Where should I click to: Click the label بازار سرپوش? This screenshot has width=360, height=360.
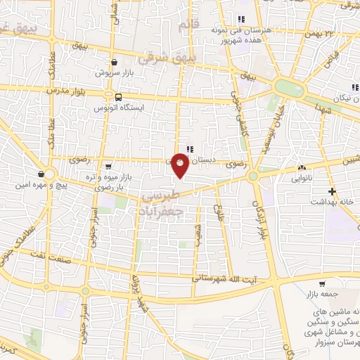(115, 73)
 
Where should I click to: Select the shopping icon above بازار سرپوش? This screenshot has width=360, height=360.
(115, 62)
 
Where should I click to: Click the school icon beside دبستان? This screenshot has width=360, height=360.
(190, 148)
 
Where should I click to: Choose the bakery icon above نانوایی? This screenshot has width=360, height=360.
(302, 168)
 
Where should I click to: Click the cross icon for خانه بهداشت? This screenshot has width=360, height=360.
(333, 191)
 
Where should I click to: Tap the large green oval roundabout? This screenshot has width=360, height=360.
(289, 89)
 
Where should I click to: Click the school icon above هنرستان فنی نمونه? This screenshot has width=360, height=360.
(241, 19)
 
